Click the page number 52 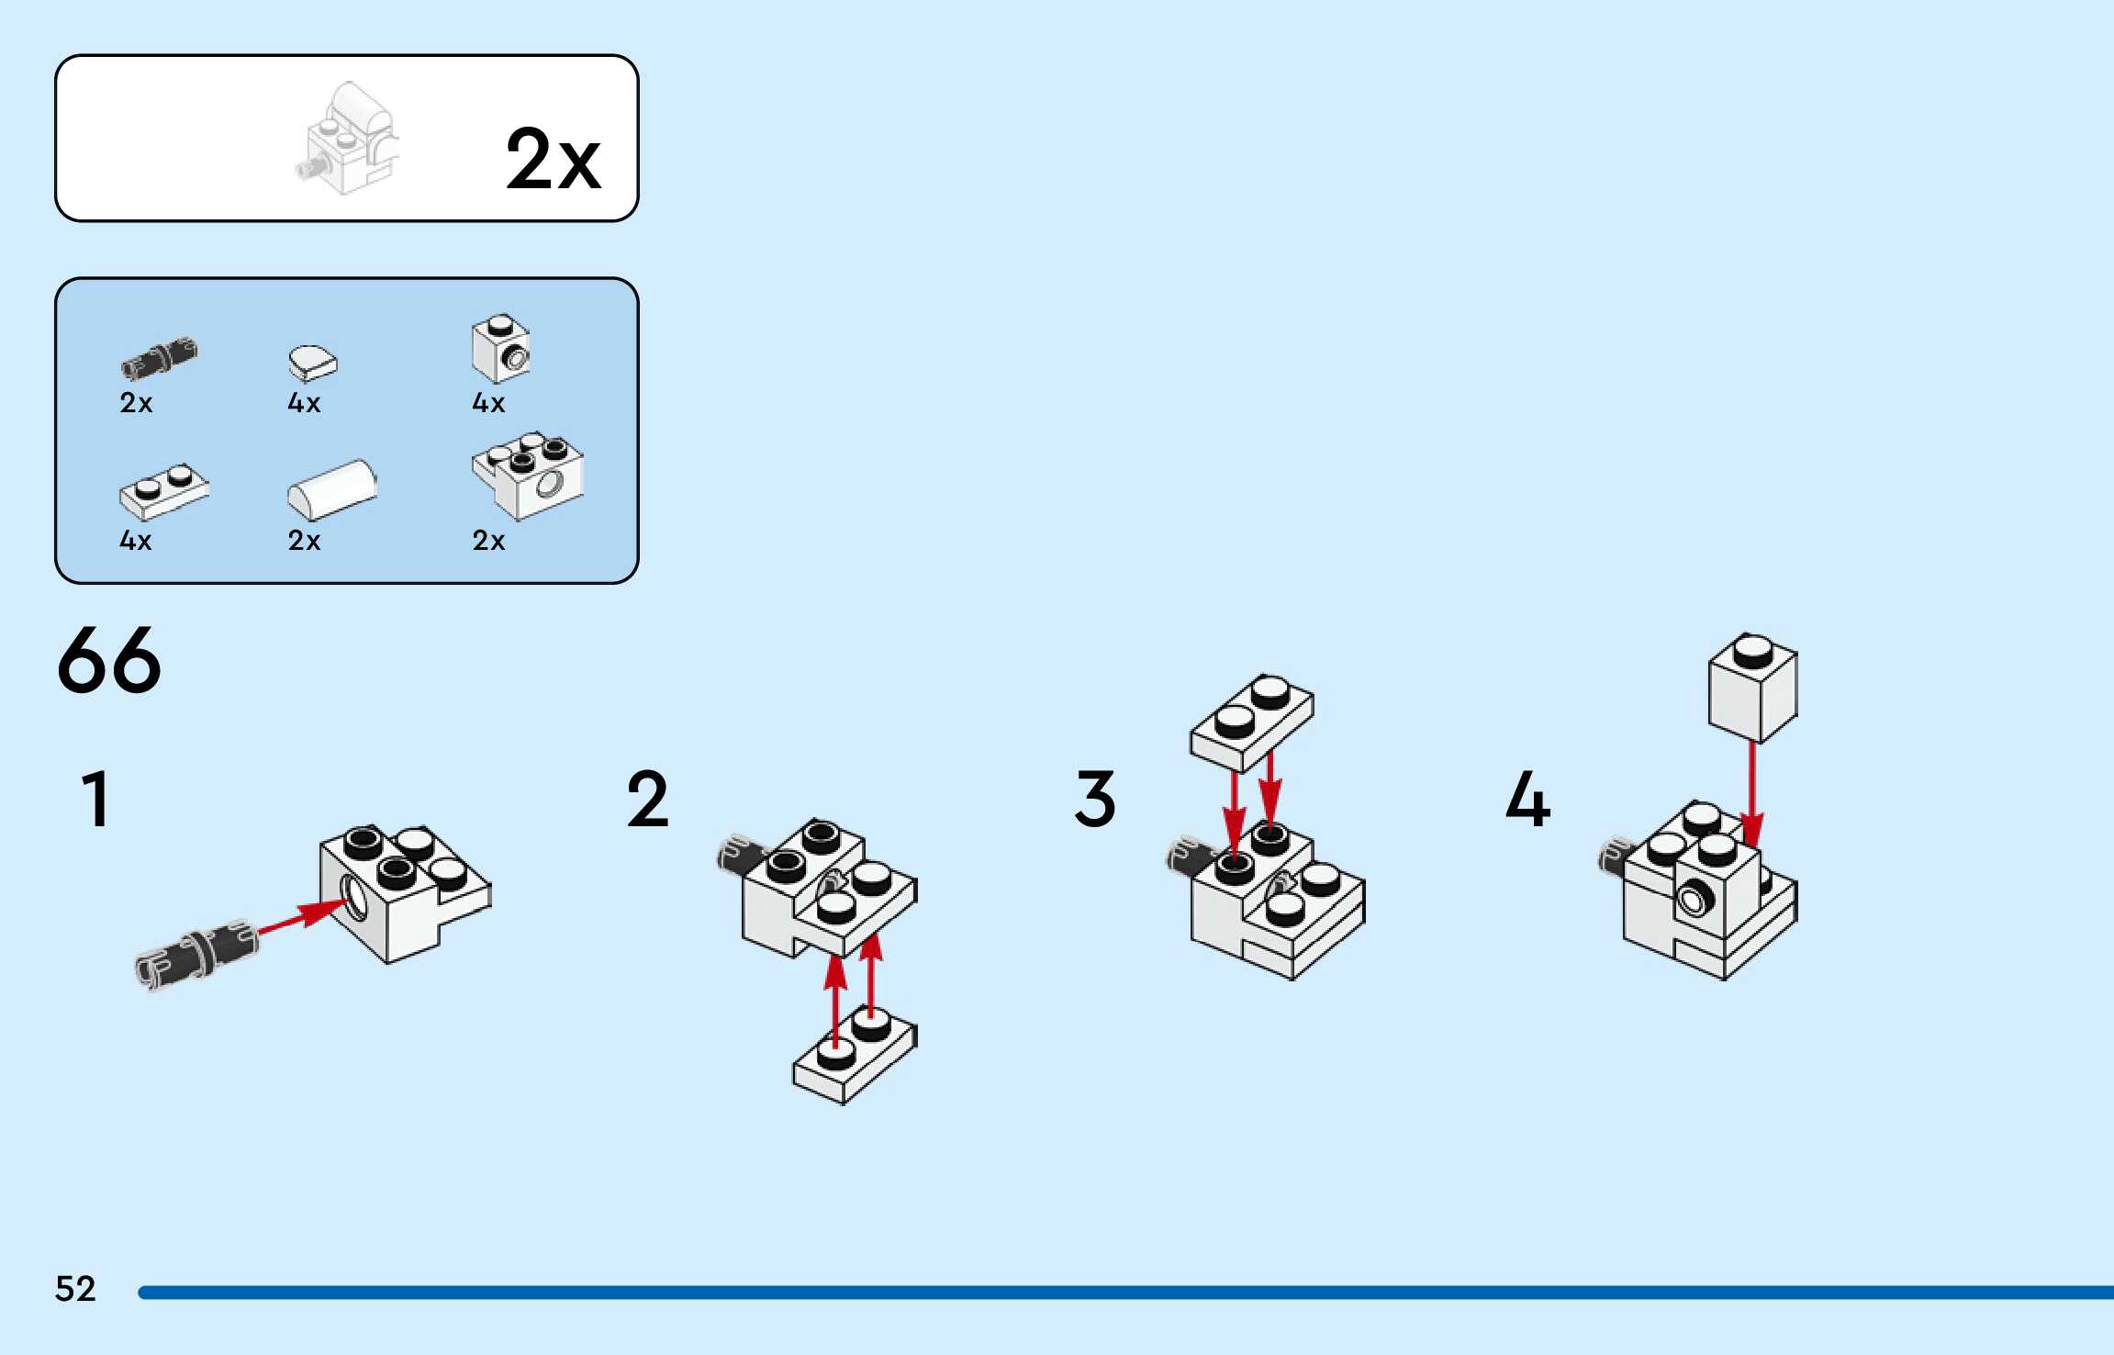pos(75,1289)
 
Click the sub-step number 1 pos(95,799)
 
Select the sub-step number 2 pos(648,799)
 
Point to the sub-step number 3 pos(1095,799)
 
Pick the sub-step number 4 pos(1528,799)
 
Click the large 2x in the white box pos(553,159)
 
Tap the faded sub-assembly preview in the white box pos(347,138)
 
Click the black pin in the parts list pos(159,357)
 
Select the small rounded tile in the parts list pos(313,363)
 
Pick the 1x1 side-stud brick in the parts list pos(501,349)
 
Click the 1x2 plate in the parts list pos(164,491)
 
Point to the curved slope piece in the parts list pos(332,489)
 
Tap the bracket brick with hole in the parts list pos(528,476)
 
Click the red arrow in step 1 pos(303,917)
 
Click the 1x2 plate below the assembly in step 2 pos(855,1056)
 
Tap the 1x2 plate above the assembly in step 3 pos(1252,723)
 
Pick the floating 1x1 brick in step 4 pos(1752,687)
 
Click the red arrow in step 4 pos(1752,795)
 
